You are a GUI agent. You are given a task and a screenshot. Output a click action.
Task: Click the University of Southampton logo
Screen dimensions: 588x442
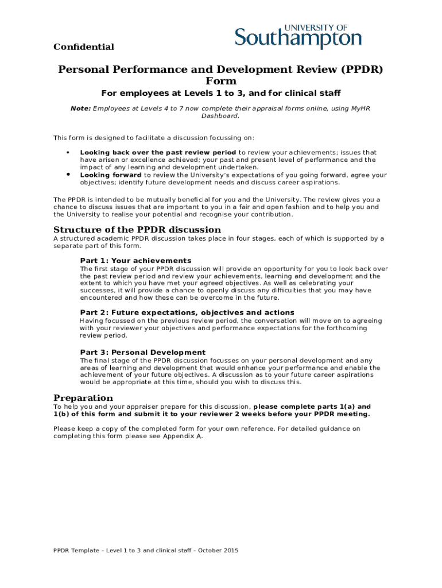(x=298, y=37)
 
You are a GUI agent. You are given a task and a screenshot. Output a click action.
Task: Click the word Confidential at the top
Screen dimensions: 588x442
(x=84, y=47)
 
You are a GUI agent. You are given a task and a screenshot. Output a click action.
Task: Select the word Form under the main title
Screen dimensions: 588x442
(x=221, y=82)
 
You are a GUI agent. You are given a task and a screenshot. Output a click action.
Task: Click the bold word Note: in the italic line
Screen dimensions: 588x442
(x=80, y=108)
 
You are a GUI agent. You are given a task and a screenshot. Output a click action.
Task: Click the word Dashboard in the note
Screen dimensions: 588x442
(x=220, y=115)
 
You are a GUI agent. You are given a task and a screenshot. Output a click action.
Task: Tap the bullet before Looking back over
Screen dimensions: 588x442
(x=68, y=153)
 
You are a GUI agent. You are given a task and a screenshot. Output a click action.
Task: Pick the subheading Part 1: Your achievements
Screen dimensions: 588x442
(x=135, y=261)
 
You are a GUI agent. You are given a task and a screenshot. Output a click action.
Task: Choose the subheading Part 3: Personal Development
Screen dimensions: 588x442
(x=142, y=352)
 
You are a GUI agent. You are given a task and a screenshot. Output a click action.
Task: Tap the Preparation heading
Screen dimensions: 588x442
(x=83, y=398)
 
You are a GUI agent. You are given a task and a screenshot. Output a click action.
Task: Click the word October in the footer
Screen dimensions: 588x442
(x=207, y=551)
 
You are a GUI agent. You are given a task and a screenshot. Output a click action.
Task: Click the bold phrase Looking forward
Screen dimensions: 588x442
(x=111, y=175)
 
